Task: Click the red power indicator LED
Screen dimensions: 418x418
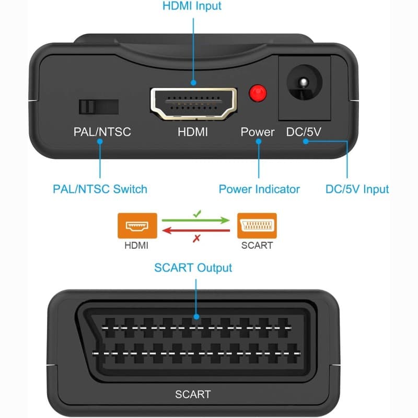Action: [258, 94]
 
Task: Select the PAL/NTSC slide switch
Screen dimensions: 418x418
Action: [98, 106]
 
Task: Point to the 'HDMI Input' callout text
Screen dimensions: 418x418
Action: [192, 6]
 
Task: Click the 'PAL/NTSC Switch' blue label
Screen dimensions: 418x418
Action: [100, 189]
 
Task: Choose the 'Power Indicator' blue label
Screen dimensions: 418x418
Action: [259, 189]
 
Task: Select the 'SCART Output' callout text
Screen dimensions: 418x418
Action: [193, 268]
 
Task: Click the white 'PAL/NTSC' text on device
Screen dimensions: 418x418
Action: [102, 132]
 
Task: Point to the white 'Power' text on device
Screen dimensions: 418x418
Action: [257, 132]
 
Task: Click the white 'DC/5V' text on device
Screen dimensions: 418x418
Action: [304, 132]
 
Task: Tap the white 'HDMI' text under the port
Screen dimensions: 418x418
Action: [193, 132]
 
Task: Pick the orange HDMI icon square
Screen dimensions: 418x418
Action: [137, 226]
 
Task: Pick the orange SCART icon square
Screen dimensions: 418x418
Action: [257, 226]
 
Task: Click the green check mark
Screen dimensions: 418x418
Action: [197, 214]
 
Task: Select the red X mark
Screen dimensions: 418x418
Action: [197, 238]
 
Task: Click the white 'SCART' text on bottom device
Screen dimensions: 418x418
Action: [193, 394]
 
